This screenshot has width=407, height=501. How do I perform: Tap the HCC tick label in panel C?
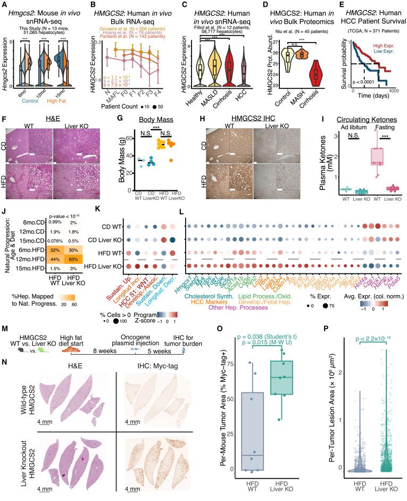point(252,90)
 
